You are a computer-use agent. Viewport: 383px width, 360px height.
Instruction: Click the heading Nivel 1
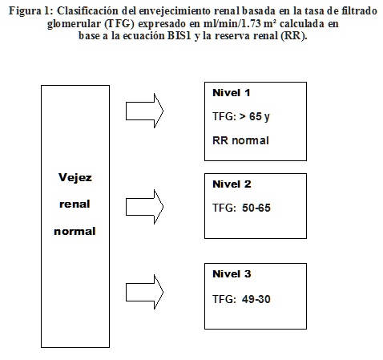pos(232,93)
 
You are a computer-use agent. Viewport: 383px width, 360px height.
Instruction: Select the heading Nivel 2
pos(232,184)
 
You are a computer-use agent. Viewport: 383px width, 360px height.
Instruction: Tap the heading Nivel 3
pos(232,274)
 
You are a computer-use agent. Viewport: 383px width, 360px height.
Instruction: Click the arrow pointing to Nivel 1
pos(144,111)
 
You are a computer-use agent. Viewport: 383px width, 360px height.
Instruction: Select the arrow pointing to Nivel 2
pos(144,207)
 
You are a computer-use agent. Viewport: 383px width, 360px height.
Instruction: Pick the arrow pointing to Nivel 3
pos(144,292)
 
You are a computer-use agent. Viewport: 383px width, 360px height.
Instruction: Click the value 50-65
pos(256,208)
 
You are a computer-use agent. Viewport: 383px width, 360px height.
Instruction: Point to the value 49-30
pos(256,299)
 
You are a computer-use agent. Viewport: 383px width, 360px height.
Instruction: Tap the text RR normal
pos(240,140)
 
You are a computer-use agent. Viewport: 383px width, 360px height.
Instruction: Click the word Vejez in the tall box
pos(75,177)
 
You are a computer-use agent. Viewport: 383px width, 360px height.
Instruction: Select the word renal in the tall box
pos(75,204)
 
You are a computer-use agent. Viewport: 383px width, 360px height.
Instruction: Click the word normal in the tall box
pos(75,232)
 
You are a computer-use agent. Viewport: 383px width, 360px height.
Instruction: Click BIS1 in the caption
pos(179,35)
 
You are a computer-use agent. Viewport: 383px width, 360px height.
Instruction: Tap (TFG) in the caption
pos(119,24)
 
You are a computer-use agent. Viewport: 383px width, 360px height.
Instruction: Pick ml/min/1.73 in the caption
pos(232,23)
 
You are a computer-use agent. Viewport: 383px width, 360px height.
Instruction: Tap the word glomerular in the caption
pos(75,24)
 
